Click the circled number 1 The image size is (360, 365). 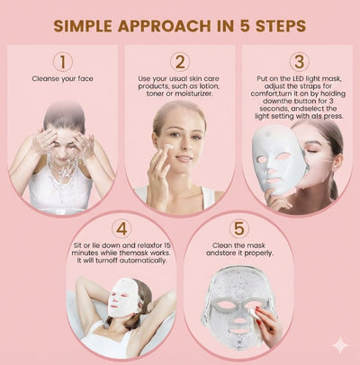[x=62, y=62]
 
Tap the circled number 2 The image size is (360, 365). [x=181, y=62]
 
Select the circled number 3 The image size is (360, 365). [x=298, y=62]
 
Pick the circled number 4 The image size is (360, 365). [x=121, y=228]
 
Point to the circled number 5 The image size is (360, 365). [x=238, y=228]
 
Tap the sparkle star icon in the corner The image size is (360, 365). [x=340, y=344]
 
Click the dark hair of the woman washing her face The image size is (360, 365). [x=64, y=114]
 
